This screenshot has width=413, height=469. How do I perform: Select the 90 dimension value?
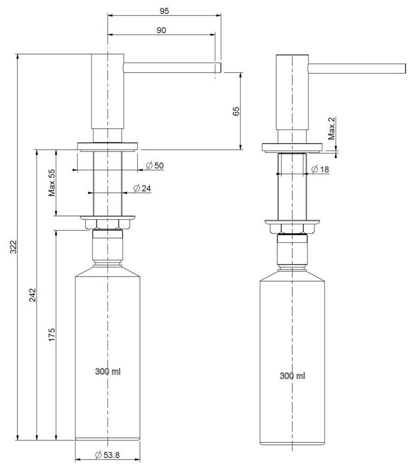click(x=161, y=30)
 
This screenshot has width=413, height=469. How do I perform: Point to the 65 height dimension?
click(x=236, y=111)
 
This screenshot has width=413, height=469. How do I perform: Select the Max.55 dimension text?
click(x=51, y=183)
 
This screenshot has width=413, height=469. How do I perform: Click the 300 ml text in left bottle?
click(x=108, y=372)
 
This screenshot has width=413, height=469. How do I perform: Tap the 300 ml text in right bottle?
click(x=292, y=376)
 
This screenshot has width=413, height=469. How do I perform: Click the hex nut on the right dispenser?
click(x=292, y=228)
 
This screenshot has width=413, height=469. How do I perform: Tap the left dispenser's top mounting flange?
click(x=107, y=146)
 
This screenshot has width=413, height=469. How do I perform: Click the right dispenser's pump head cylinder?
click(x=292, y=92)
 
